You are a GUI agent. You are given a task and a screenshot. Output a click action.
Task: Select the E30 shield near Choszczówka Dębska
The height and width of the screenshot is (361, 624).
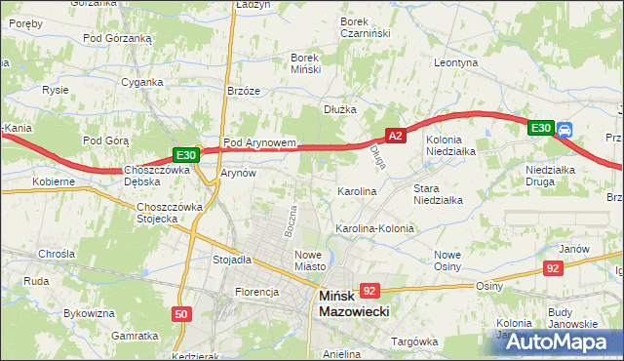pyautogui.click(x=186, y=154)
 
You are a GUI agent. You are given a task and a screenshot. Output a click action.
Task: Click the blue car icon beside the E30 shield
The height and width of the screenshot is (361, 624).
pyautogui.click(x=566, y=128)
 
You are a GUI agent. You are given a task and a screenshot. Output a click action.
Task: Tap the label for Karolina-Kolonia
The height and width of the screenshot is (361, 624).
pyautogui.click(x=375, y=228)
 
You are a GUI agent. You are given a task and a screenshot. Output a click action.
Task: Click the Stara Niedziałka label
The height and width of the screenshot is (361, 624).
pyautogui.click(x=438, y=193)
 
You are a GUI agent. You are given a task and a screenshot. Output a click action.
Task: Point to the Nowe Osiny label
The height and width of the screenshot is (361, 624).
pyautogui.click(x=453, y=261)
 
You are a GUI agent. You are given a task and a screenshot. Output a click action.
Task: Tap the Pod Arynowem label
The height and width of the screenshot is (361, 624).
pyautogui.click(x=258, y=142)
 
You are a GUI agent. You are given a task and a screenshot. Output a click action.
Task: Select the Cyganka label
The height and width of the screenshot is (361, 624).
pyautogui.click(x=142, y=82)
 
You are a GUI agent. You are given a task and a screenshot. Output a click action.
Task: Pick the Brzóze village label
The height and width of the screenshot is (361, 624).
pyautogui.click(x=243, y=90)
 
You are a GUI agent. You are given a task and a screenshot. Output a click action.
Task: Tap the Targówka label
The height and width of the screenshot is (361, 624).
pyautogui.click(x=414, y=341)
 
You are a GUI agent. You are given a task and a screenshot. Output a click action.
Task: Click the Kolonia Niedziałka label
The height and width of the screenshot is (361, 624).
pyautogui.click(x=449, y=145)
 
